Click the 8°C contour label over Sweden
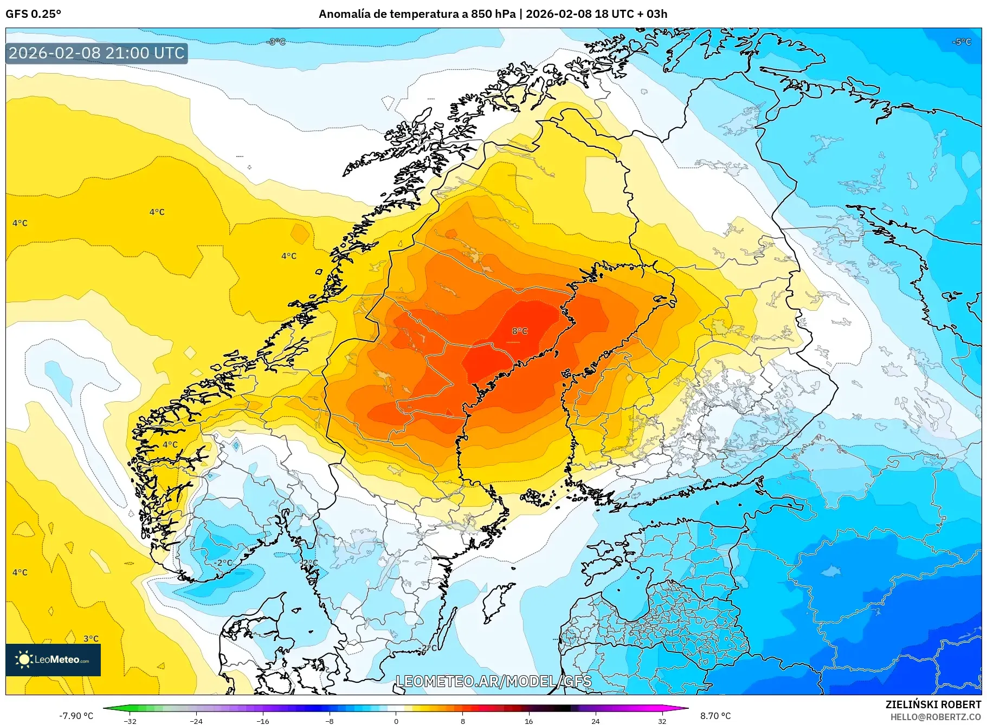(x=519, y=331)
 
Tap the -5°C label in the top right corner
(x=962, y=42)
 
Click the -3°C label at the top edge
(x=276, y=42)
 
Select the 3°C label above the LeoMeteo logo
(x=91, y=638)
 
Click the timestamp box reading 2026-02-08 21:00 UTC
(x=96, y=53)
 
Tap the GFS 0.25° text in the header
(x=33, y=14)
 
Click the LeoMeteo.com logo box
(x=53, y=659)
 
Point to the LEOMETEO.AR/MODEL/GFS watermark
(x=493, y=681)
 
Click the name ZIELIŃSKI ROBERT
(x=933, y=704)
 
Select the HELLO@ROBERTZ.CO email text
(x=936, y=717)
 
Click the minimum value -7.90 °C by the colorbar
(x=76, y=716)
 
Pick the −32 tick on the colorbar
(x=130, y=721)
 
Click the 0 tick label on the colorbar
(x=396, y=721)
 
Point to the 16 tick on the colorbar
(x=528, y=721)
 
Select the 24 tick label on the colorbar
(x=595, y=721)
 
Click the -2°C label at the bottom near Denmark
(x=428, y=648)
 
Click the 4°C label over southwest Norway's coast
(x=170, y=445)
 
